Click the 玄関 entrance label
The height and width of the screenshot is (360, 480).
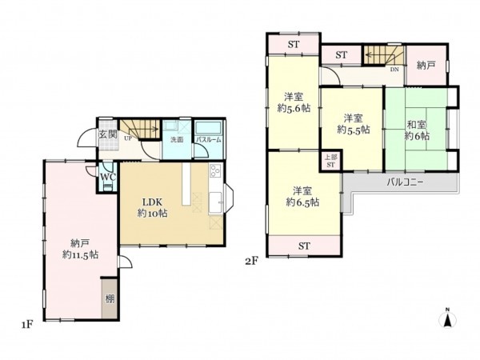pos(108,134)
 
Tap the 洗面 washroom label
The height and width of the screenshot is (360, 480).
pos(176,140)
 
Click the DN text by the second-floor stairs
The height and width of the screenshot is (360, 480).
pos(394,70)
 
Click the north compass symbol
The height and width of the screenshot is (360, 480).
pos(448,320)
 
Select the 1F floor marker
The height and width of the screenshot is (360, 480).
pos(26,325)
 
